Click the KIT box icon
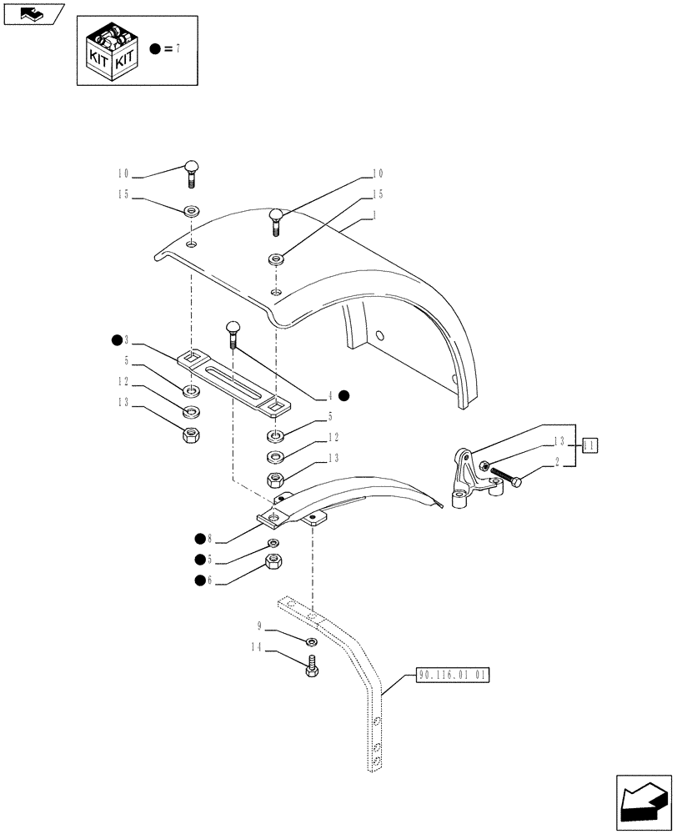(x=108, y=50)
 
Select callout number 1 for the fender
(x=374, y=215)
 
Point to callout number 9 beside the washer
(x=260, y=625)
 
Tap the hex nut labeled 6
(x=272, y=561)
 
